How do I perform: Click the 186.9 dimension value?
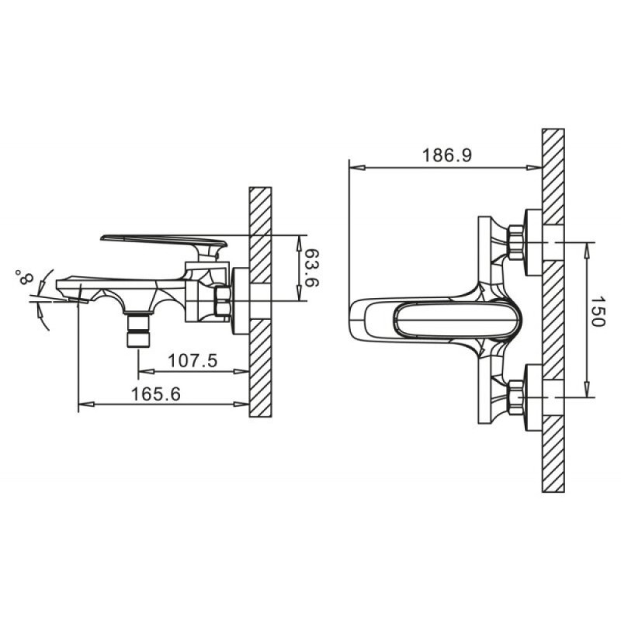pos(447,155)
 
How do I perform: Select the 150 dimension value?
pos(598,311)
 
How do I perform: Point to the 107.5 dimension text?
pos(193,361)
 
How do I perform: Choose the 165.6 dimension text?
pos(156,394)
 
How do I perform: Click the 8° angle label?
pos(24,277)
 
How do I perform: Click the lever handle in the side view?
pos(164,245)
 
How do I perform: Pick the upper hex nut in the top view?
pos(515,242)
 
